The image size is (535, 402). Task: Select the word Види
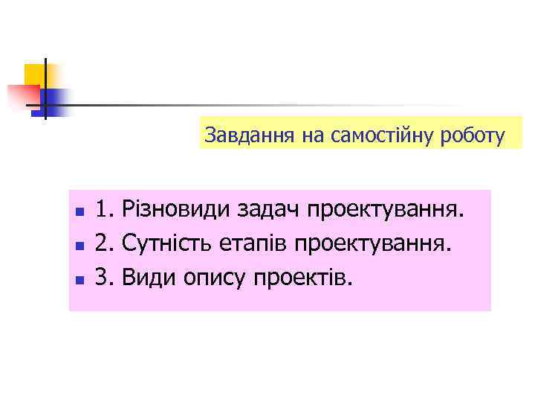coord(146,278)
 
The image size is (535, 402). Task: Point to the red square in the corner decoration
coord(22,96)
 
